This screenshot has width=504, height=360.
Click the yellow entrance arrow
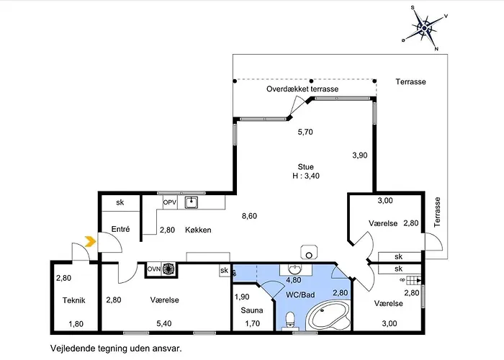pos(90,241)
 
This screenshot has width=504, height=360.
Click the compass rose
pos(424,28)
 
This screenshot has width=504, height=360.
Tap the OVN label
pos(154,269)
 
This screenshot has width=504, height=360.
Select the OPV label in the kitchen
pos(170,202)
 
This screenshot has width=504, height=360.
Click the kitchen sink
pos(192,202)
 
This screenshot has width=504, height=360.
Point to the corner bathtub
pos(328,315)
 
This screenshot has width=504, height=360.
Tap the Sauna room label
pos(252,310)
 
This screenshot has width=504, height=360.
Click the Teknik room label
pos(74,300)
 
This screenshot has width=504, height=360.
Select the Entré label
pos(120,229)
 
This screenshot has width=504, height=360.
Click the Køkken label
pos(198,230)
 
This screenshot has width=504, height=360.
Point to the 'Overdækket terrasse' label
pos(302,89)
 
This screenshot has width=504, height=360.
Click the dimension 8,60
pos(249,216)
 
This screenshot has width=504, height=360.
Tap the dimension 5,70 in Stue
pos(305,132)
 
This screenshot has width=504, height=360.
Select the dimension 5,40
pos(164,323)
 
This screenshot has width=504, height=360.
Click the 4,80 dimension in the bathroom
pos(294,280)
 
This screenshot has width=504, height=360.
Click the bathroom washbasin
pos(296,269)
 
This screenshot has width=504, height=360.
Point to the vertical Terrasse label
pos(437,212)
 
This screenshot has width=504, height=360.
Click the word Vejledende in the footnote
pos(68,348)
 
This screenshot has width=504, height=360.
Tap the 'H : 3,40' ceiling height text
pos(306,176)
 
